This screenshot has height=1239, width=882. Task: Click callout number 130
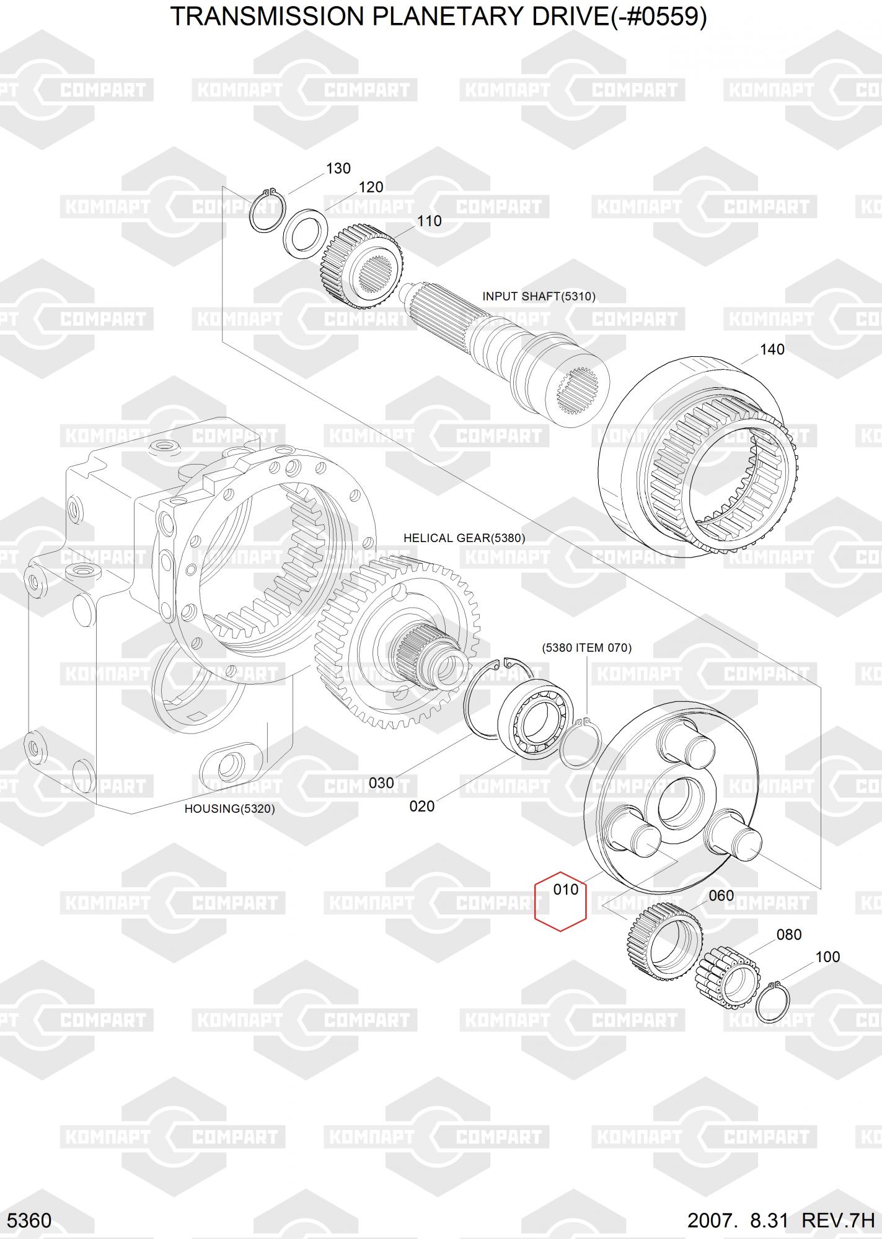pos(338,169)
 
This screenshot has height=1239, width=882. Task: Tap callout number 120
pos(371,187)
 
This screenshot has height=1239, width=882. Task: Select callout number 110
pos(429,221)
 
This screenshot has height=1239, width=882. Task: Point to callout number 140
pos(772,349)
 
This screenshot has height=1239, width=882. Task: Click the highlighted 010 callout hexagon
pos(561,902)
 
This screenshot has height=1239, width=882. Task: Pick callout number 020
pos(422,806)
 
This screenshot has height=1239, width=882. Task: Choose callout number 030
pos(381,783)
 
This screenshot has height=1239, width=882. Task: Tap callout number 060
pos(721,896)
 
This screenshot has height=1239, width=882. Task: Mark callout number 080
pos(788,934)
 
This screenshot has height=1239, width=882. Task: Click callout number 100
pos(827,957)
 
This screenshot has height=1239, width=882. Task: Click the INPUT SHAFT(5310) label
pos(539,297)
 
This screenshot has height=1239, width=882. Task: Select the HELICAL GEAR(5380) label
pos(464,538)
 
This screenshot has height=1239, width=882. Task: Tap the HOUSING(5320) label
pos(229,808)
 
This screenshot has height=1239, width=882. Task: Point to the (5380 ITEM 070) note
pos(586,648)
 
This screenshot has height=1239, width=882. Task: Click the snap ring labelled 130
pos(267,211)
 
